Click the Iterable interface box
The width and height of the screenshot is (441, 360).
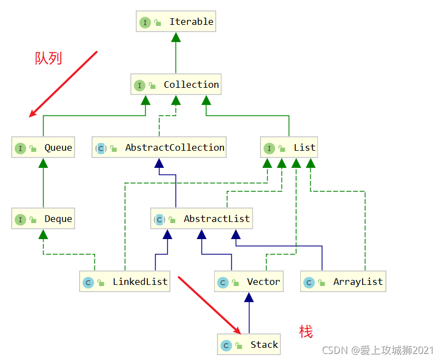tap(175, 22)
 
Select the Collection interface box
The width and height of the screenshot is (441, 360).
tap(176, 85)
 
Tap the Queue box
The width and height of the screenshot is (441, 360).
tap(44, 148)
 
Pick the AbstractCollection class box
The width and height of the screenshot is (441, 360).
tap(159, 148)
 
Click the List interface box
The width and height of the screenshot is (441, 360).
tap(289, 148)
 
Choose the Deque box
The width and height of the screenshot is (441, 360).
tap(44, 219)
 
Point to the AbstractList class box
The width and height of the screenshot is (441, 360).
tap(202, 219)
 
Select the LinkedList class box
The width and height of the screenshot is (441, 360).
tap(125, 282)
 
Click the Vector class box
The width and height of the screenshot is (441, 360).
tap(249, 282)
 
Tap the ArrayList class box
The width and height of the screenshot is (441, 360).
tap(343, 282)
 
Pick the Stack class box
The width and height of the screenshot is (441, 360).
tap(249, 345)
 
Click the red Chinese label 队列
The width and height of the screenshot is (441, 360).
tap(49, 58)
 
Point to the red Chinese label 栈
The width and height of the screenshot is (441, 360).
tap(306, 332)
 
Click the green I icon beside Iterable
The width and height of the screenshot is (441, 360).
tap(145, 23)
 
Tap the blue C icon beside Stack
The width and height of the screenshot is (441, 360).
tap(226, 346)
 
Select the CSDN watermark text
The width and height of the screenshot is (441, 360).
tap(378, 351)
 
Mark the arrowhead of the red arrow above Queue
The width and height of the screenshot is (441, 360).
tap(32, 115)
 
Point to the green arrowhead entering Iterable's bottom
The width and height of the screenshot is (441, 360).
tap(176, 36)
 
